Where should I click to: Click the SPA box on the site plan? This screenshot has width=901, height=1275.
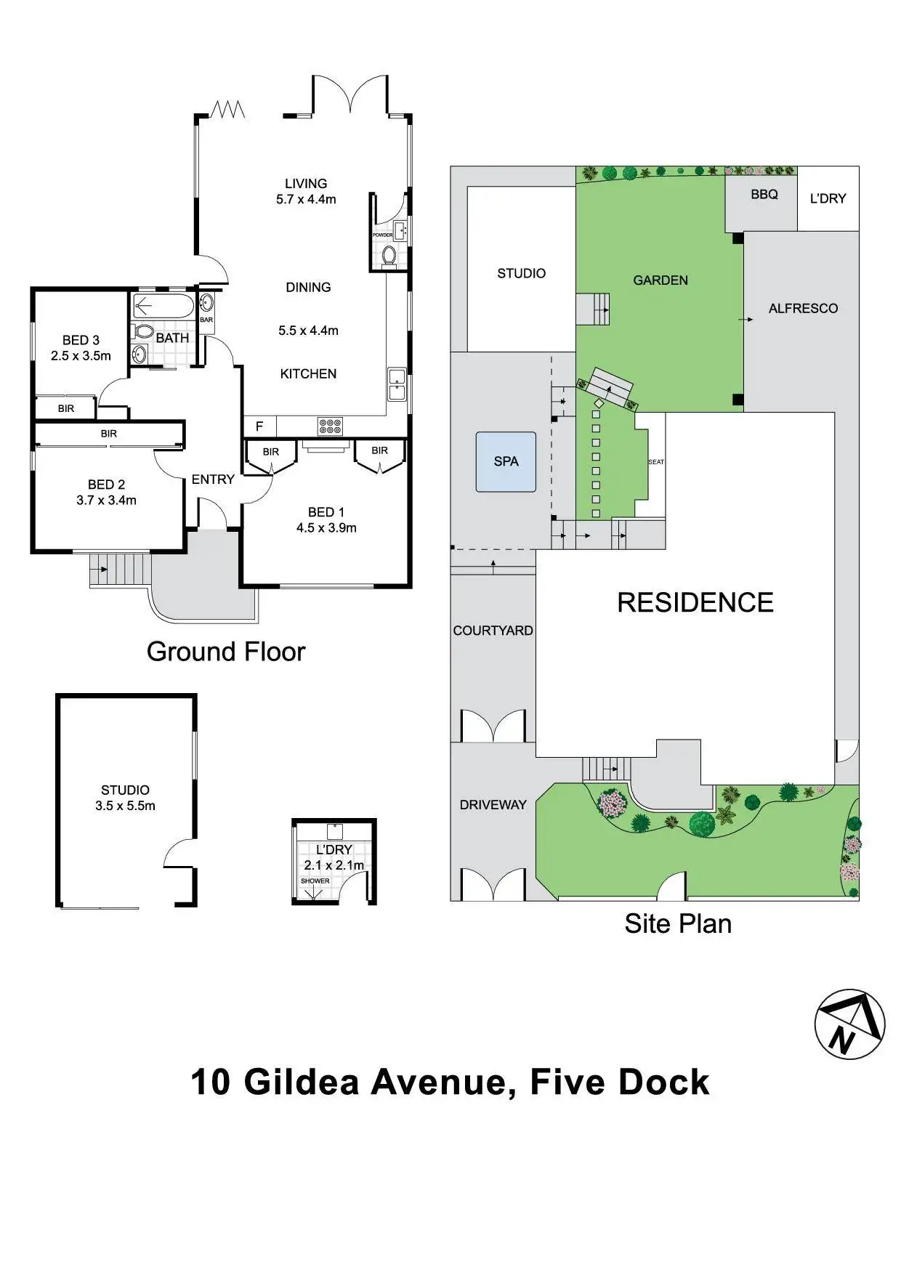pyautogui.click(x=506, y=462)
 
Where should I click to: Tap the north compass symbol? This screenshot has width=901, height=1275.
pyautogui.click(x=849, y=1024)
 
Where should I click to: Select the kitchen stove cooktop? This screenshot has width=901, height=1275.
pyautogui.click(x=330, y=426)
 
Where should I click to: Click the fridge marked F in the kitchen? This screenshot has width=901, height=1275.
pyautogui.click(x=259, y=426)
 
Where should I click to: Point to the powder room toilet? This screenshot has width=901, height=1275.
pyautogui.click(x=389, y=256)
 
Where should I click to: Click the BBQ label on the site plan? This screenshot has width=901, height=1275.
pyautogui.click(x=764, y=195)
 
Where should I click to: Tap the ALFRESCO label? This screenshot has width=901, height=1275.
pyautogui.click(x=803, y=309)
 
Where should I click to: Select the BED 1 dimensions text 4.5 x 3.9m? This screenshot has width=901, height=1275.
pyautogui.click(x=326, y=528)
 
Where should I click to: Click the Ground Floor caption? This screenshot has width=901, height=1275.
pyautogui.click(x=226, y=652)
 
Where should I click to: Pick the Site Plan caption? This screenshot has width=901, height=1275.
pyautogui.click(x=678, y=923)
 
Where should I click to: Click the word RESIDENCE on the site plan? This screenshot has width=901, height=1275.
pyautogui.click(x=695, y=603)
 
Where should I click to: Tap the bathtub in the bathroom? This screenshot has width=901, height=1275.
pyautogui.click(x=164, y=306)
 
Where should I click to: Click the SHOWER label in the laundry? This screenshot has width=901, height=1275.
pyautogui.click(x=315, y=881)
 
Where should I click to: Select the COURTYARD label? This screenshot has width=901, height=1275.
pyautogui.click(x=493, y=631)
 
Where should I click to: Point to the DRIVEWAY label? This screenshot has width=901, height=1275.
pyautogui.click(x=493, y=805)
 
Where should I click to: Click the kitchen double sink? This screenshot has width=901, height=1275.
pyautogui.click(x=397, y=384)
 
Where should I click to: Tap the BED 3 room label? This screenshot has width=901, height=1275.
pyautogui.click(x=81, y=340)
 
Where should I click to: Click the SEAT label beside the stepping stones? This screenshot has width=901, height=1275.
pyautogui.click(x=656, y=462)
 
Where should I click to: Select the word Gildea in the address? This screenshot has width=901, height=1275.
pyautogui.click(x=302, y=1082)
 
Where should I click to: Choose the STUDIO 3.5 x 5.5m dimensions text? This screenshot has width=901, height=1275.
pyautogui.click(x=125, y=806)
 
